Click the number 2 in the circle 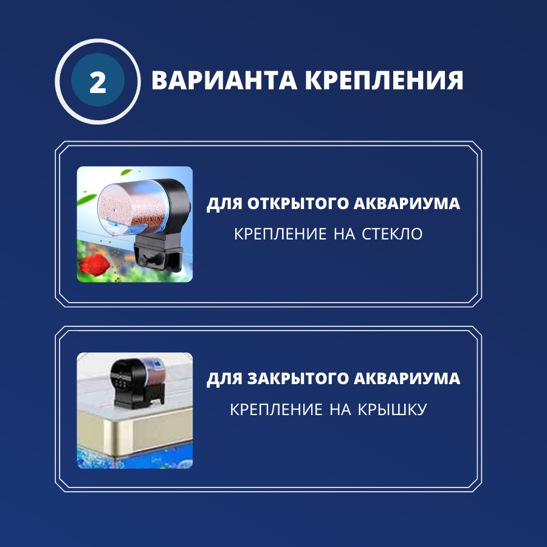[98, 83]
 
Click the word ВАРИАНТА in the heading [224, 80]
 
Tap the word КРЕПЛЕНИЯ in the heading [384, 80]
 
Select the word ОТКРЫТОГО [298, 204]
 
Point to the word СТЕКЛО [392, 234]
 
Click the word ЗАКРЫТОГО [298, 379]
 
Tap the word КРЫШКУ [393, 409]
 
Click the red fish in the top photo [94, 265]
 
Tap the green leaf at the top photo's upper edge [126, 171]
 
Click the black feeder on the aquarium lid [137, 383]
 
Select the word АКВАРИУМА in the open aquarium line [407, 204]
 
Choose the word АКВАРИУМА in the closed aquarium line [407, 379]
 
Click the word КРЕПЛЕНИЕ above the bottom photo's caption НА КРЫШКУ [276, 409]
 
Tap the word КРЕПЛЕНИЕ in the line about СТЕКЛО [280, 234]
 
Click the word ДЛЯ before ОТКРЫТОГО [224, 204]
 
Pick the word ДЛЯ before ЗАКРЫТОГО [224, 379]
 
